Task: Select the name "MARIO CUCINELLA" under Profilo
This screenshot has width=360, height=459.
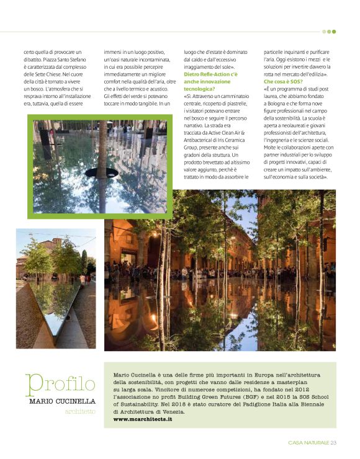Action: click(x=62, y=401)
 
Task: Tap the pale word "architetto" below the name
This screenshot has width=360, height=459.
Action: click(x=81, y=411)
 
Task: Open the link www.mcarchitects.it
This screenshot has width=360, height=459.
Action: click(x=143, y=419)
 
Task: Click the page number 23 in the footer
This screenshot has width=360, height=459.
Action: click(x=333, y=442)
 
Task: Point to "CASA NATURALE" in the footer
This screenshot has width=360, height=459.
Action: click(x=308, y=442)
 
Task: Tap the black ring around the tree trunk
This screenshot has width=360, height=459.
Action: click(x=101, y=172)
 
